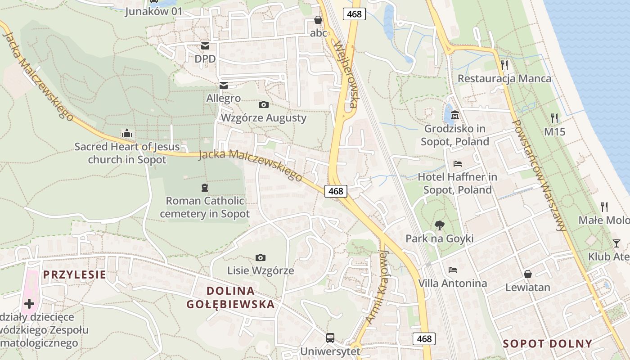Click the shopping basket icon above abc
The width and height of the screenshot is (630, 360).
tap(318, 20)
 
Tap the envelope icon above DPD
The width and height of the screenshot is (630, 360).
tap(205, 45)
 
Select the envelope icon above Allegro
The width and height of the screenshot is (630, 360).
tap(223, 85)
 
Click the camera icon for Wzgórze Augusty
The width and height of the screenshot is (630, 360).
tap(264, 104)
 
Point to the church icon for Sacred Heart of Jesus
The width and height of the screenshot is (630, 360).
tap(127, 133)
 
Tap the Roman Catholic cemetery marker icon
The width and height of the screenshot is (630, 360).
tap(205, 187)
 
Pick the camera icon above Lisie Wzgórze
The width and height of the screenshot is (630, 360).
tap(260, 257)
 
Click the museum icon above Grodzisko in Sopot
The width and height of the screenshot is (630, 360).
tap(454, 115)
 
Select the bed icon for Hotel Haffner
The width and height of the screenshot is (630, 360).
tap(458, 163)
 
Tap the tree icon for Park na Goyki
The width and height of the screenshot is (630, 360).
tap(440, 225)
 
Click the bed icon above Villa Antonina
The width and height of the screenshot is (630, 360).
tap(453, 270)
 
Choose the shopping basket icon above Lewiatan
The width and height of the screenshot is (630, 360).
tap(528, 274)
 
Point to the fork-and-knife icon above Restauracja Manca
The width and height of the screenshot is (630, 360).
tap(504, 65)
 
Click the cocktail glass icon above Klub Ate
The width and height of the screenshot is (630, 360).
tap(616, 243)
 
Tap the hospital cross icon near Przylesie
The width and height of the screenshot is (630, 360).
tap(29, 304)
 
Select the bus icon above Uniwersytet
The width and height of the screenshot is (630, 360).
tap(330, 337)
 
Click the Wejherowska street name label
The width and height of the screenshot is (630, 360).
tap(345, 75)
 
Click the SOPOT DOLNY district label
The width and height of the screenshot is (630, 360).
tap(547, 344)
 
